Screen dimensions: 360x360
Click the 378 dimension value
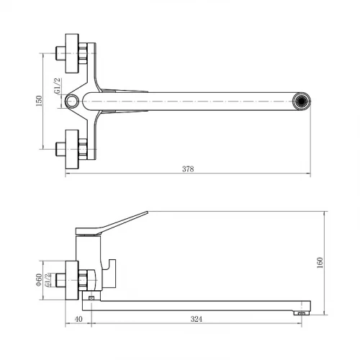point(188,169)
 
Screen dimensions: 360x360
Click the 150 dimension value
point(39,101)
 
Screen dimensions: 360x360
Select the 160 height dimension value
point(320,263)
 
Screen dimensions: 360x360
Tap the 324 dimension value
point(197,319)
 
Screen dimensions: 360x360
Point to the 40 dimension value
point(78,319)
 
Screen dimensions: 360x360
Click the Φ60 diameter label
point(39,280)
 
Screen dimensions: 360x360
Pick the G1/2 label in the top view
point(58,86)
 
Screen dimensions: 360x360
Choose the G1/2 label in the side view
point(48,280)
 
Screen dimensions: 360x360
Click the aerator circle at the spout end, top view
point(302,101)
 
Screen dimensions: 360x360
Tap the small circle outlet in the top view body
point(72,101)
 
